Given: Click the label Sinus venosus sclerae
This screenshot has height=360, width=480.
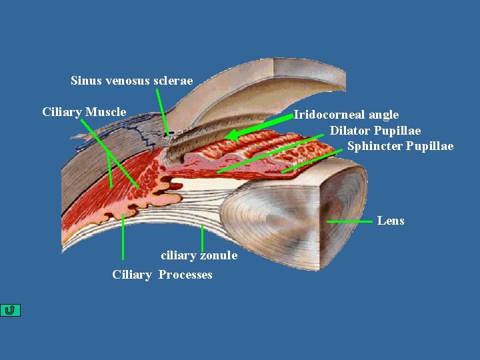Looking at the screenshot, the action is point(131,81).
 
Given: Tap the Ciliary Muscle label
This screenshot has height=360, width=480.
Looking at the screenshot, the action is point(84,111).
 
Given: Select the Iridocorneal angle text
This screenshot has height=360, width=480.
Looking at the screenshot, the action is point(347,115).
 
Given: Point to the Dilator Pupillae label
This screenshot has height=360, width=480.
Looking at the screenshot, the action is point(375,130).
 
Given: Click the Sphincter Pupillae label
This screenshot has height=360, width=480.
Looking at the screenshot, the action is point(400,146).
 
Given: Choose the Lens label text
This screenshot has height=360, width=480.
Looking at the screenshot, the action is point(391,221).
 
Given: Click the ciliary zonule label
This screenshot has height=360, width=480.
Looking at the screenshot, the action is point(199,255).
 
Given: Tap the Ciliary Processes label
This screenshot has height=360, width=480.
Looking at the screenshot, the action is point(162,275).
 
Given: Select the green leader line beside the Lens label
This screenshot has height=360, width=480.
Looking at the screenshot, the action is point(350,220).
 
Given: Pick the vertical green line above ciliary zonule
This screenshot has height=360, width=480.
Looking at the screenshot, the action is point(202,238).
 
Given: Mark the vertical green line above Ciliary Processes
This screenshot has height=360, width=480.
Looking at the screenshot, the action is point(123,237).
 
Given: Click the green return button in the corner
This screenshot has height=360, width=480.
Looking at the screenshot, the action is point(11,310).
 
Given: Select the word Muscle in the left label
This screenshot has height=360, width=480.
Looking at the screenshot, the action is point(106,111).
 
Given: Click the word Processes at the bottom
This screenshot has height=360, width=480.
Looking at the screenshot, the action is point(185,275).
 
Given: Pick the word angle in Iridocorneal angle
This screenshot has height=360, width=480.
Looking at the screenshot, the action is point(383,115).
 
